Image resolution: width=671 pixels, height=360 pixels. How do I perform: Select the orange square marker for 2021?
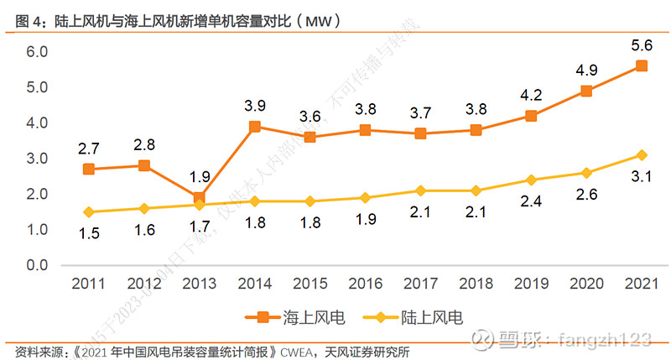(x=641, y=66)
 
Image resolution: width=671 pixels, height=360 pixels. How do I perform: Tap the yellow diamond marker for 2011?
(x=88, y=211)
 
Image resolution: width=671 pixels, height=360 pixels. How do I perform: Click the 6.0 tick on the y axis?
(x=37, y=52)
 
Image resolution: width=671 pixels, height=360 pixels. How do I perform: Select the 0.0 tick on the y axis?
(x=37, y=265)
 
